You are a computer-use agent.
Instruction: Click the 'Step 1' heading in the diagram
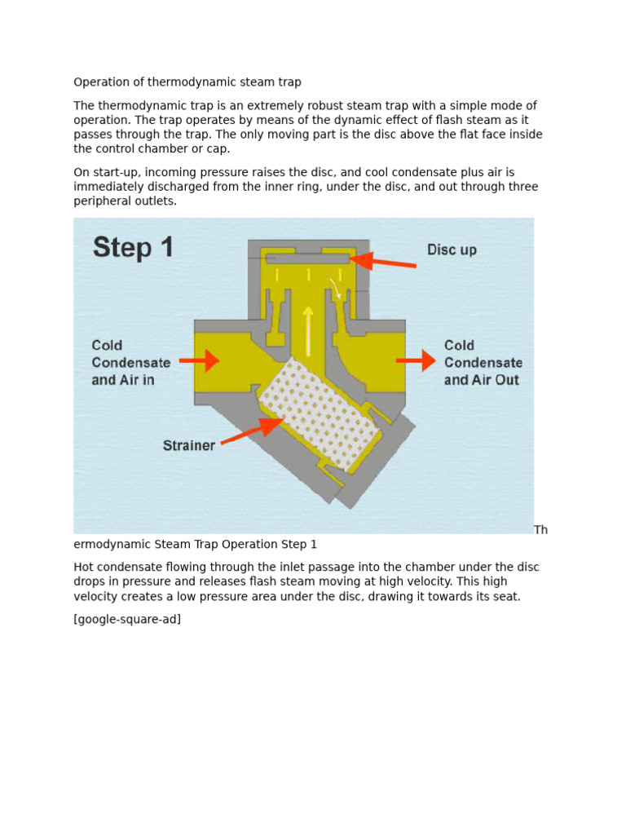[133, 247]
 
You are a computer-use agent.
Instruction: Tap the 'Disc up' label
[452, 250]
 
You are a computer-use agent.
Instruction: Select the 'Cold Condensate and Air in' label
[130, 363]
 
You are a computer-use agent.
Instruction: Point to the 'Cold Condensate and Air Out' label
[483, 363]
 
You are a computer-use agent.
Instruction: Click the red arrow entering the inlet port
[200, 360]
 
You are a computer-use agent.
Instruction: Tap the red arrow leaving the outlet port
[417, 360]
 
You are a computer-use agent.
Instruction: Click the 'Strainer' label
[188, 445]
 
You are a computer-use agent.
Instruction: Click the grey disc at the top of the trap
[307, 259]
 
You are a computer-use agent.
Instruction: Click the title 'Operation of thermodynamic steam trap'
[187, 82]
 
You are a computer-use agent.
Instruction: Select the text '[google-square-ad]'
[127, 619]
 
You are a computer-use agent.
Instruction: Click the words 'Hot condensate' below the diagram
[114, 567]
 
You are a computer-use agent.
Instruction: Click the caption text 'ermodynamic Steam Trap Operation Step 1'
[195, 544]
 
